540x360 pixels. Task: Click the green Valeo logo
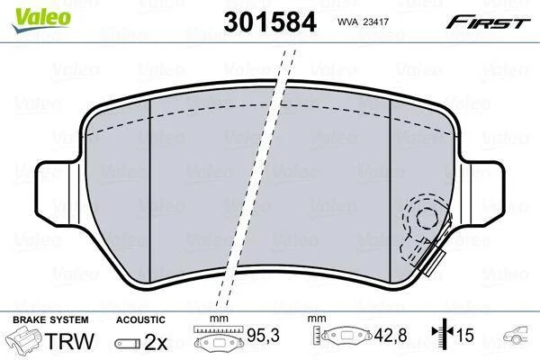click(42, 20)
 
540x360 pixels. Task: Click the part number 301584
click(270, 22)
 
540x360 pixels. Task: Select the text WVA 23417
click(363, 22)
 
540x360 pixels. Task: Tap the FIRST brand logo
click(488, 22)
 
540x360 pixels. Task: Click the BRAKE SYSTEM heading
click(50, 319)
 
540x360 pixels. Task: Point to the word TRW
click(69, 341)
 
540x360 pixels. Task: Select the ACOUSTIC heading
click(140, 319)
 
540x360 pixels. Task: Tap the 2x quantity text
click(156, 342)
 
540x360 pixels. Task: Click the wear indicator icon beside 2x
click(128, 344)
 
